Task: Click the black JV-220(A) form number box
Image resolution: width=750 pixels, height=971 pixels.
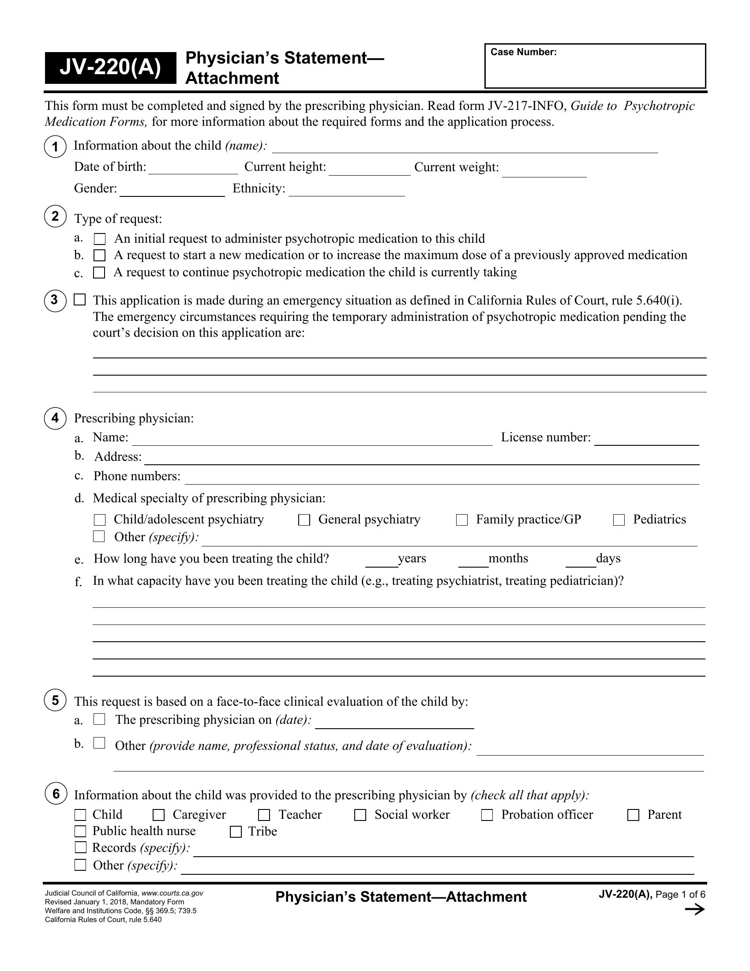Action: click(x=110, y=68)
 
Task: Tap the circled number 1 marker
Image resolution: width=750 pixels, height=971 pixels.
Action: click(x=55, y=147)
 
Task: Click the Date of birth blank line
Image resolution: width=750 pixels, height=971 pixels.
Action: click(x=193, y=169)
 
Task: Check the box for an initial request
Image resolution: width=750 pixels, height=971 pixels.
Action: click(x=100, y=239)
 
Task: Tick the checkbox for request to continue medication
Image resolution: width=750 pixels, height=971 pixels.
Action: click(x=99, y=272)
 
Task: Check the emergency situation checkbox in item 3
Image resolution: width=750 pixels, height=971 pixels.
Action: click(x=79, y=300)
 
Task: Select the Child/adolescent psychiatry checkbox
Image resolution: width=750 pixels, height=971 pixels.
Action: click(x=100, y=520)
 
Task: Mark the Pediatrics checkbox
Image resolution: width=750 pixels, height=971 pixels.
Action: click(x=619, y=520)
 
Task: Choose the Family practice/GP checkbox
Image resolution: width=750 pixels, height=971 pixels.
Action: click(x=461, y=520)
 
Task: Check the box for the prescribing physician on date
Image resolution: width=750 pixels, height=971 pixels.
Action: click(x=99, y=719)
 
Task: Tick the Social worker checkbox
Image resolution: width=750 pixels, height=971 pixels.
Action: click(x=360, y=815)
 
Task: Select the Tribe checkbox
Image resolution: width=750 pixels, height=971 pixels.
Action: click(x=236, y=832)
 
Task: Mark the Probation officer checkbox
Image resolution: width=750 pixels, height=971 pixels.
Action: click(x=487, y=815)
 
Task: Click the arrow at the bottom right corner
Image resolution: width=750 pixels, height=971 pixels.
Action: click(x=695, y=910)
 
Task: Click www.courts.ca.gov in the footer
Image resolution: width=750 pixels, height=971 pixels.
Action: click(x=172, y=893)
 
